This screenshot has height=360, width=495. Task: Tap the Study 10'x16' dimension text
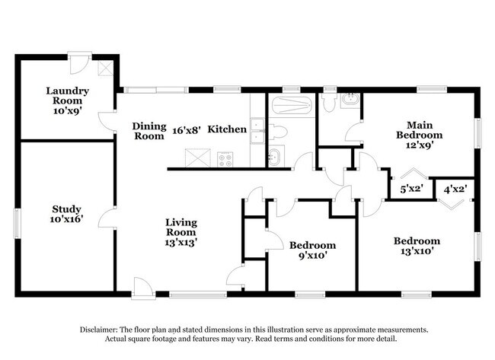click(66, 218)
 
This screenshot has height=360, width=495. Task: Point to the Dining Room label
click(149, 131)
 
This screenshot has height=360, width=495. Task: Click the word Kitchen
click(227, 129)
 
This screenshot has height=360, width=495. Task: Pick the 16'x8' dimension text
click(187, 130)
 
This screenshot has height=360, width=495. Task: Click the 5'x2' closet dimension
click(412, 189)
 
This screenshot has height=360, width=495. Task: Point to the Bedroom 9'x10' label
click(312, 250)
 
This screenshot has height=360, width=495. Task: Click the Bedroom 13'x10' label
click(417, 246)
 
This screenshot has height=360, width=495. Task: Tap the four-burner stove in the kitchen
click(225, 159)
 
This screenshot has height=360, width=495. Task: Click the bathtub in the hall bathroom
click(292, 106)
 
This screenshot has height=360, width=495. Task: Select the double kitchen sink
click(257, 131)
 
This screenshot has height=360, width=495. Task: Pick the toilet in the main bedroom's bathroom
click(329, 103)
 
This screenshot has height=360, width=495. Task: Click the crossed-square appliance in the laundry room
click(105, 68)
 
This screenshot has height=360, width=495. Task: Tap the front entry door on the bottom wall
click(143, 288)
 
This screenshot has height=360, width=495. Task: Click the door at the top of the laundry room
click(79, 63)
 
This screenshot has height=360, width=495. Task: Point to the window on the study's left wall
click(17, 224)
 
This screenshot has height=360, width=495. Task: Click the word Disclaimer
click(99, 330)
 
